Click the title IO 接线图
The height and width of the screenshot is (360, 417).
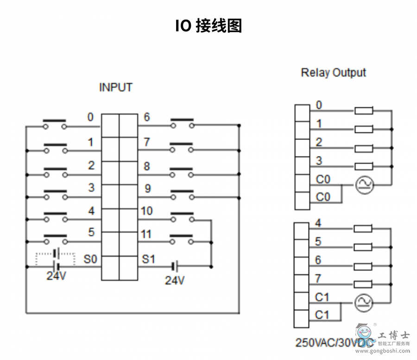pos(208,26)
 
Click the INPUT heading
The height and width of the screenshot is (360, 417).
pos(116,87)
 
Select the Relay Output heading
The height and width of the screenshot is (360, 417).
pos(333,73)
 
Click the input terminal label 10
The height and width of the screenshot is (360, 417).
pos(146,211)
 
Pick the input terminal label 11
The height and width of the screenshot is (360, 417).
pos(146,234)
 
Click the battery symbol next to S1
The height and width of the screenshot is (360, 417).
pos(175,266)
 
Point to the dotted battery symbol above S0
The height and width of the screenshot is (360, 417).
pos(56,254)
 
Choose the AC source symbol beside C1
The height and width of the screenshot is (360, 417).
pos(364,303)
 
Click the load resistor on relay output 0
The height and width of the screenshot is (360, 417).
pos(364,111)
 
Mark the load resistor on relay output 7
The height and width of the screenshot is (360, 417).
pos(363,284)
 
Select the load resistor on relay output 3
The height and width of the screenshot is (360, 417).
pos(364,166)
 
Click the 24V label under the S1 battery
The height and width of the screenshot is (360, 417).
pos(175,280)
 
